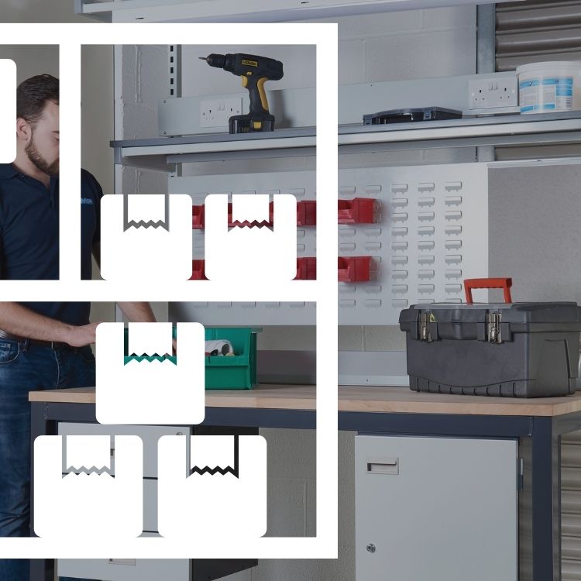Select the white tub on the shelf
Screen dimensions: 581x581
548,86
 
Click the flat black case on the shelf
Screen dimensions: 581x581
412,115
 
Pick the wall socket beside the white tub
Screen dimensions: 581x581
493,93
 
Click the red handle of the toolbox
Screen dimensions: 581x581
488,290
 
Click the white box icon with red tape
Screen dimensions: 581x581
250,236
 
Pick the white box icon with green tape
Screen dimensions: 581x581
150,373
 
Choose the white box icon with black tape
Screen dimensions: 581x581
212,486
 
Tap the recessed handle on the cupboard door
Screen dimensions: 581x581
383,465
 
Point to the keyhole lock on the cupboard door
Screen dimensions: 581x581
371,548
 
